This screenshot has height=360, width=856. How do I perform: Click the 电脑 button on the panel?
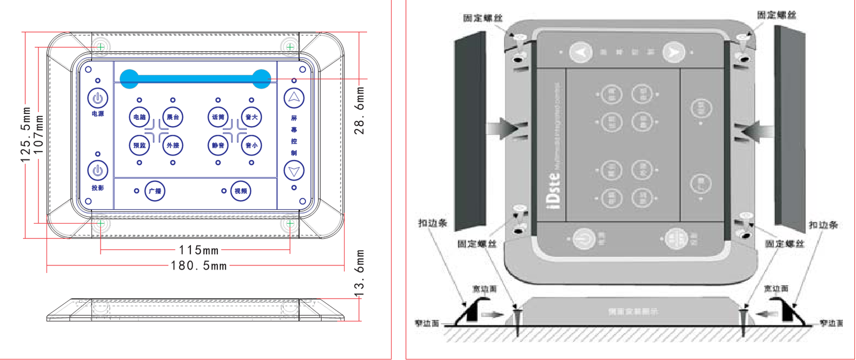coord(139,117)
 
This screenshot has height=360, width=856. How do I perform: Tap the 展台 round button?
coord(173,117)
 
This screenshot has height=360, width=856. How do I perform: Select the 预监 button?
coord(139,145)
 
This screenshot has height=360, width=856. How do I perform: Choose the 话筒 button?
coord(218,117)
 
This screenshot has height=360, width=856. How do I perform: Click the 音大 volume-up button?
coord(251,117)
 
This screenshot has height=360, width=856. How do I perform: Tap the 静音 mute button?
coord(218,145)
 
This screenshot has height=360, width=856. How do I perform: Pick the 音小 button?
coord(251,145)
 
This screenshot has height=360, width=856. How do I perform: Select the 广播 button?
coord(155,191)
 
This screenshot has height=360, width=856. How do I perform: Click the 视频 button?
coord(241,191)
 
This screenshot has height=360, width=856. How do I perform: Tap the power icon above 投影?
coord(97,171)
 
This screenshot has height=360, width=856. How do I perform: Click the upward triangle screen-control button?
coord(294,98)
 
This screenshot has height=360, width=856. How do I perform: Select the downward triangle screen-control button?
coord(294,171)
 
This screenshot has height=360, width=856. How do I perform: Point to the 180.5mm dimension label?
coord(198,266)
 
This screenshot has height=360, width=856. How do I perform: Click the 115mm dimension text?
coord(198,250)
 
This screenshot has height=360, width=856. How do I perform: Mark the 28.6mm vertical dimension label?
coord(360,111)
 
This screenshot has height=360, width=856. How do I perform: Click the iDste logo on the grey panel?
coord(554,190)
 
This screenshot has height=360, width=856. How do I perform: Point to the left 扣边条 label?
coord(432,223)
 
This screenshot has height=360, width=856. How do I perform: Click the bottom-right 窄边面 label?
coord(831,323)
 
